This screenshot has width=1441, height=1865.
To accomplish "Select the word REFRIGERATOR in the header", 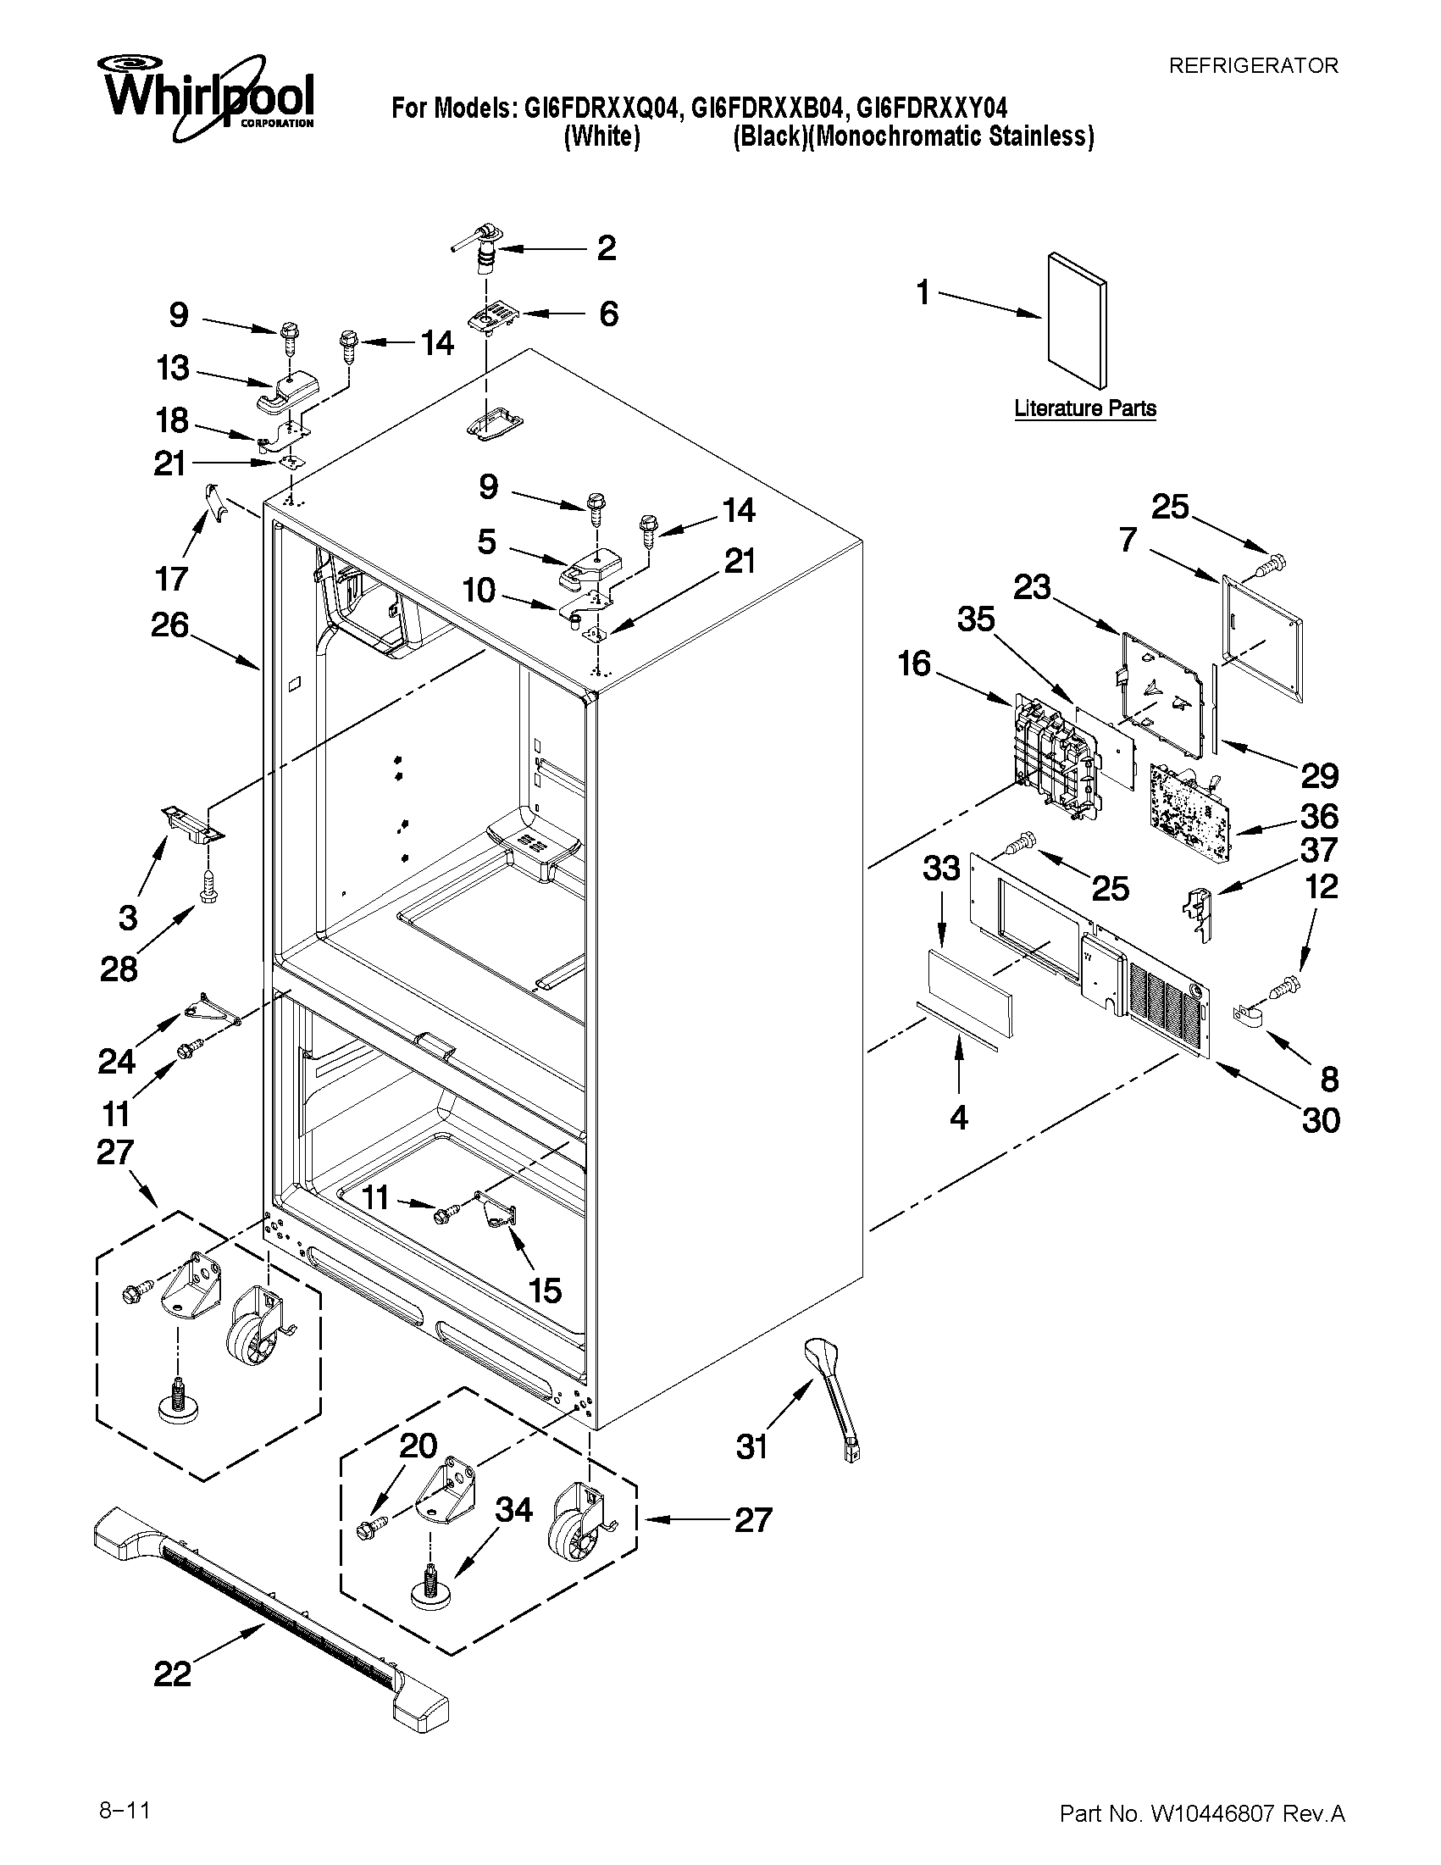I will click(1252, 66).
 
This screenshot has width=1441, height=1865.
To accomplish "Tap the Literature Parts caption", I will click(1085, 408).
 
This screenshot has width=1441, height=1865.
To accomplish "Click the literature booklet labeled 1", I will click(1078, 319).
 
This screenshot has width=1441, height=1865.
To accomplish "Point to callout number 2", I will click(606, 248).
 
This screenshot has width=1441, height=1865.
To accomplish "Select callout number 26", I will click(169, 625).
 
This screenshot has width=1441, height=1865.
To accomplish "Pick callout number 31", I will click(752, 1446).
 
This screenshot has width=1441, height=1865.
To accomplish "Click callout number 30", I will click(1320, 1120).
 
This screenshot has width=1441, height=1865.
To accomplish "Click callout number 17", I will click(171, 579).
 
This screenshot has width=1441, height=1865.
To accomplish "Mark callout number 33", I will click(940, 869).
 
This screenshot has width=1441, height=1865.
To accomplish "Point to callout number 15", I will click(545, 1291).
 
